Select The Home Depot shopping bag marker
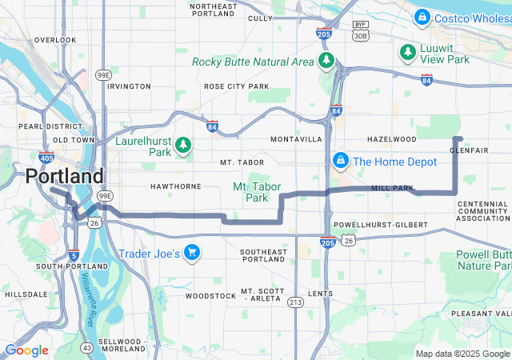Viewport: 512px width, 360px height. [x=341, y=161]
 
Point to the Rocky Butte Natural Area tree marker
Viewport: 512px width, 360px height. [x=326, y=61]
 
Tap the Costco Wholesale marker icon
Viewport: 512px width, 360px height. [x=422, y=17]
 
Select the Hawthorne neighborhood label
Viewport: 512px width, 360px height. [x=175, y=186]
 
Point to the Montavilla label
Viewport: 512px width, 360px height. [x=296, y=139]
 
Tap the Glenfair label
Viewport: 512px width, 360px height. [x=470, y=150]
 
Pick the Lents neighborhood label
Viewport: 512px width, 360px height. [x=320, y=294]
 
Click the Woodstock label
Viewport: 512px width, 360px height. [x=210, y=296]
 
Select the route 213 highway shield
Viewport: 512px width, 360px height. [x=296, y=302]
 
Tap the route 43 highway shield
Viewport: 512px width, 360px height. [x=86, y=347]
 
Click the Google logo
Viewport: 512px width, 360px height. [x=26, y=350]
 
